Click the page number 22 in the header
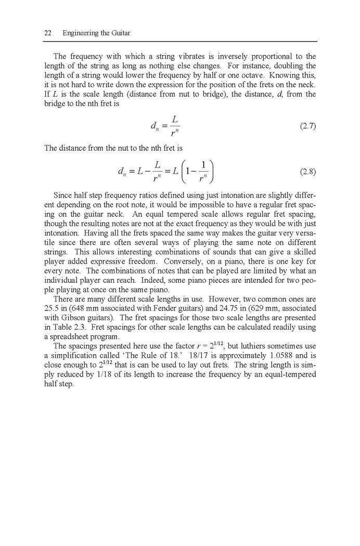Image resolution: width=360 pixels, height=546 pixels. click(x=47, y=33)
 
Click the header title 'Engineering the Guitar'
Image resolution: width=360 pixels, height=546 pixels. click(x=96, y=33)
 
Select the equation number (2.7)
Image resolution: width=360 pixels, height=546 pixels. click(x=307, y=126)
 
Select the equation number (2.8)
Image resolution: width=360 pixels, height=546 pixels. click(x=307, y=171)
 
